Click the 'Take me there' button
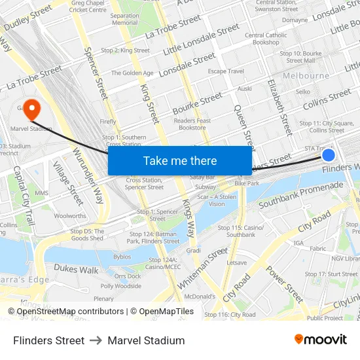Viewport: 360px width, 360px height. pyautogui.click(x=180, y=160)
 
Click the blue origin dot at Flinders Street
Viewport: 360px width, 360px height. pyautogui.click(x=329, y=155)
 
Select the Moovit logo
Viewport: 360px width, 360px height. pyautogui.click(x=320, y=340)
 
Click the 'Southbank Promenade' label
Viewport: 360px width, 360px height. pyautogui.click(x=300, y=195)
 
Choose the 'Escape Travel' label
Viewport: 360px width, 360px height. pyautogui.click(x=226, y=71)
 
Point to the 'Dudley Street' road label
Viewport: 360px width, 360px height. pyautogui.click(x=27, y=18)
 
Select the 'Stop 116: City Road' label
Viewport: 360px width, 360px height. pyautogui.click(x=230, y=314)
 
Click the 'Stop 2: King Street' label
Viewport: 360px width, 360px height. pyautogui.click(x=126, y=50)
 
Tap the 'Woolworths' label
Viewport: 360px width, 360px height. pyautogui.click(x=70, y=216)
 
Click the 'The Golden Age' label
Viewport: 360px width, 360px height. pyautogui.click(x=132, y=73)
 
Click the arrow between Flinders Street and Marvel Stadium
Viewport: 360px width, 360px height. pyautogui.click(x=96, y=340)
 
